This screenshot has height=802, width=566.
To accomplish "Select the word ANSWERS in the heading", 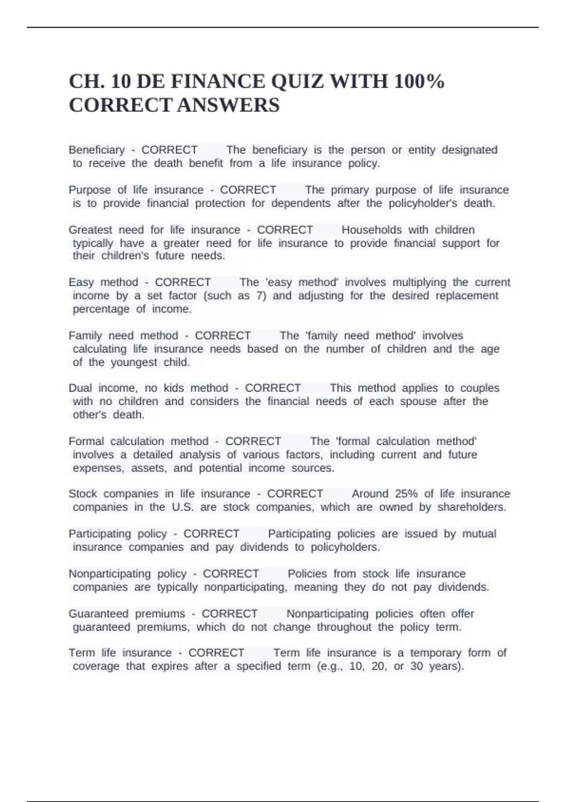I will pyautogui.click(x=228, y=105).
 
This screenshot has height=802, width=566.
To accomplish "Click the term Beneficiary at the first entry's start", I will pyautogui.click(x=97, y=150).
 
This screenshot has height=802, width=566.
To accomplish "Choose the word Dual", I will pyautogui.click(x=80, y=388).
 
